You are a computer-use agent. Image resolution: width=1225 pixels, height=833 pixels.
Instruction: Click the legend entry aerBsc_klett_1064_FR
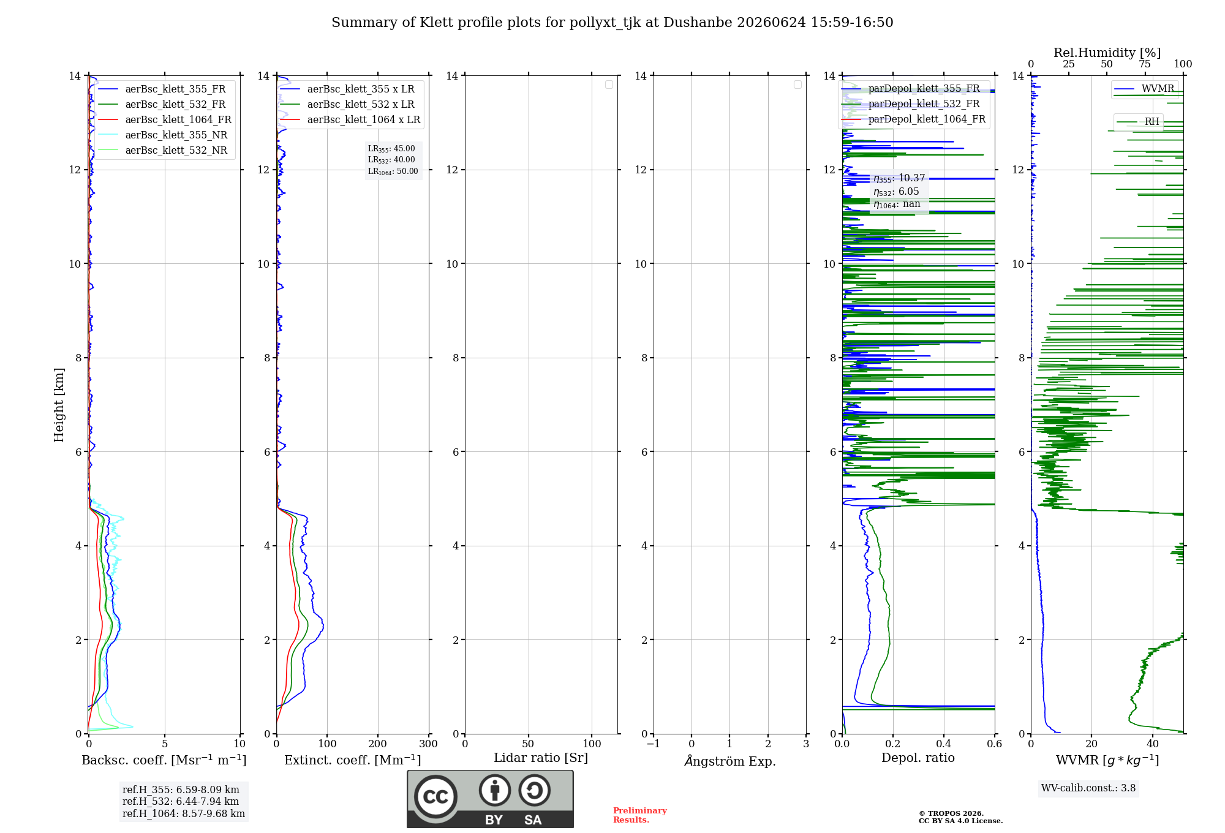(164, 119)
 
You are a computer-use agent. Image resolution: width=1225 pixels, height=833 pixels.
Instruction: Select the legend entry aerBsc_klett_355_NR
(162, 135)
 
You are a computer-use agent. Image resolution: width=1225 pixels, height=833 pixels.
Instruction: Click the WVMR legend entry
(1144, 89)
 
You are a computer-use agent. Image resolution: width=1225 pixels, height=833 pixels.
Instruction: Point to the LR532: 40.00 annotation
(391, 160)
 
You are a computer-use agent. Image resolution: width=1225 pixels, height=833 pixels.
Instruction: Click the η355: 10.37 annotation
(899, 178)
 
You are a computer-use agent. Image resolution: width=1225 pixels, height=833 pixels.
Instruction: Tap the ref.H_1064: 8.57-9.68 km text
(184, 814)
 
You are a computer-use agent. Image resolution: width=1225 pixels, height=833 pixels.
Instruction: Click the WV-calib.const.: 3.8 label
(1088, 788)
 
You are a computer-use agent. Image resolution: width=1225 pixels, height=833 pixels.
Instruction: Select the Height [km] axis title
(59, 405)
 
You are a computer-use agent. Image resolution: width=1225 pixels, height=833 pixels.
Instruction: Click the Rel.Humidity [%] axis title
(1107, 53)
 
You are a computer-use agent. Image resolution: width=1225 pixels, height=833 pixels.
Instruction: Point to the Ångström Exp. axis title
(730, 761)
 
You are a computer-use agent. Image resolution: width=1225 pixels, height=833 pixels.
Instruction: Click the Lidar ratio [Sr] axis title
(541, 758)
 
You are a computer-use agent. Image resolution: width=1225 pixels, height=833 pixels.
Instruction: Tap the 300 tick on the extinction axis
(429, 744)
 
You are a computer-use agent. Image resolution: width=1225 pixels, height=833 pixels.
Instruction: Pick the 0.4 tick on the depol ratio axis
(944, 744)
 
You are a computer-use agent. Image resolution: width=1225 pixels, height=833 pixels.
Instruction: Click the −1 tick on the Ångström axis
(654, 744)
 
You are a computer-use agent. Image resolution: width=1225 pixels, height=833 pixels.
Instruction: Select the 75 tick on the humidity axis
(1145, 64)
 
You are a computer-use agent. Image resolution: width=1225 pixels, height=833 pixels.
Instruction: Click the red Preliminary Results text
(640, 815)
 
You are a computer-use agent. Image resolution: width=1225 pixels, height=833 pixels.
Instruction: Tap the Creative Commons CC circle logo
(435, 797)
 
